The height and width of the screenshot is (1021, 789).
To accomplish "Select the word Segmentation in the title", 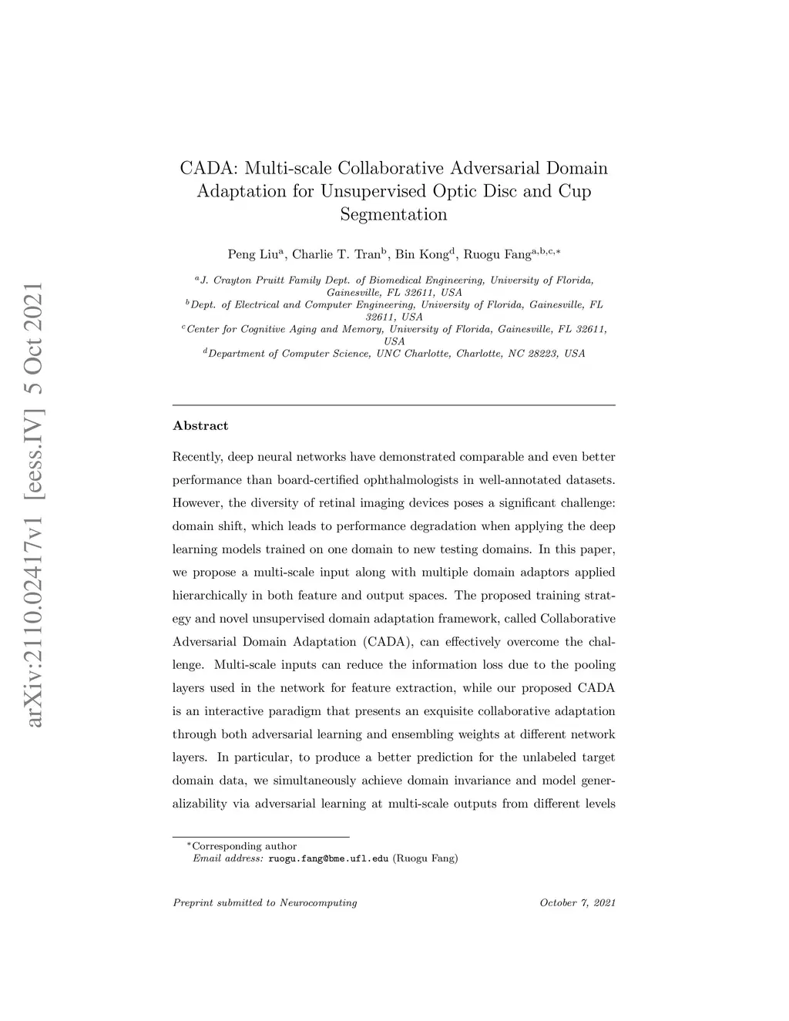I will pyautogui.click(x=394, y=214).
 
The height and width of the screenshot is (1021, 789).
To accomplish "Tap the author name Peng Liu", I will pyautogui.click(x=255, y=254).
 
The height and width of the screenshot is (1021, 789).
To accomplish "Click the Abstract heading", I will pyautogui.click(x=200, y=425).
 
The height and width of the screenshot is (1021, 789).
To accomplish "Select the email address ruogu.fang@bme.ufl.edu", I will pyautogui.click(x=328, y=858).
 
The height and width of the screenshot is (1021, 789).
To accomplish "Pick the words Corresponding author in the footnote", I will pyautogui.click(x=244, y=845).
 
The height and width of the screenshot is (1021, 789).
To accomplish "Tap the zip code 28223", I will pyautogui.click(x=543, y=354).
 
